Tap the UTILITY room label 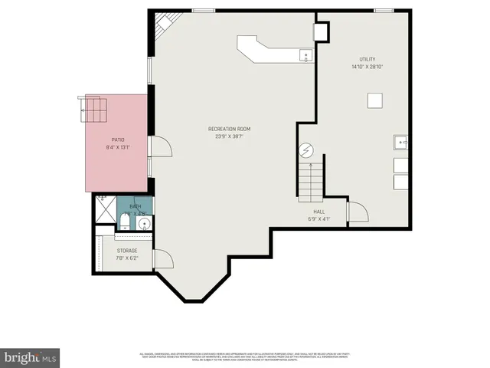pos(368,60)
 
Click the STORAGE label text pos(127,251)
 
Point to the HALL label pos(318,212)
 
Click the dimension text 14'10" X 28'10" pos(368,67)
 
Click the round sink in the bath pos(143,224)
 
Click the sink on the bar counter pos(305,54)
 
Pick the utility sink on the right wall pos(400,143)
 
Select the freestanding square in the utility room pos(374,100)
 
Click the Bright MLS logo pos(31,356)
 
